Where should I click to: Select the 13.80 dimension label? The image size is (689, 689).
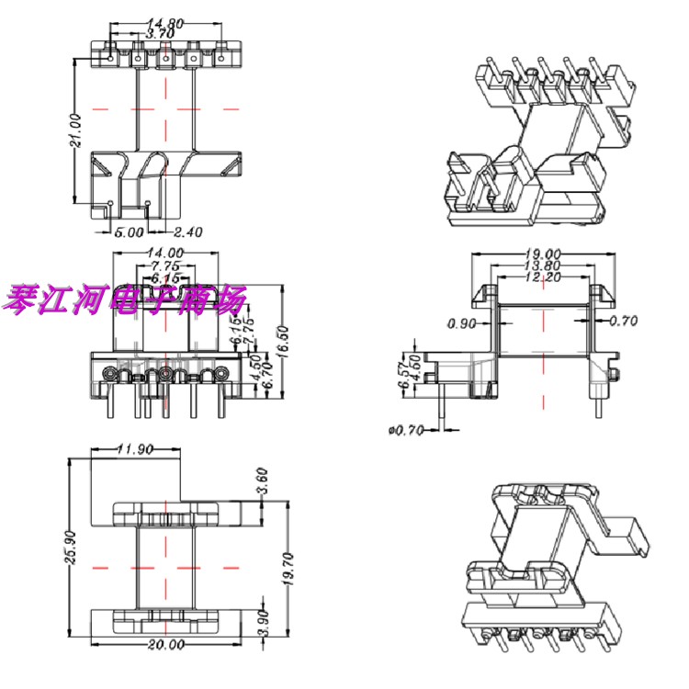pos(544,265)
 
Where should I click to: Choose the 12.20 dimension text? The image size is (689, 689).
pos(544,277)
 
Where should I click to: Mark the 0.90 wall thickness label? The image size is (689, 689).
pos(462,322)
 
